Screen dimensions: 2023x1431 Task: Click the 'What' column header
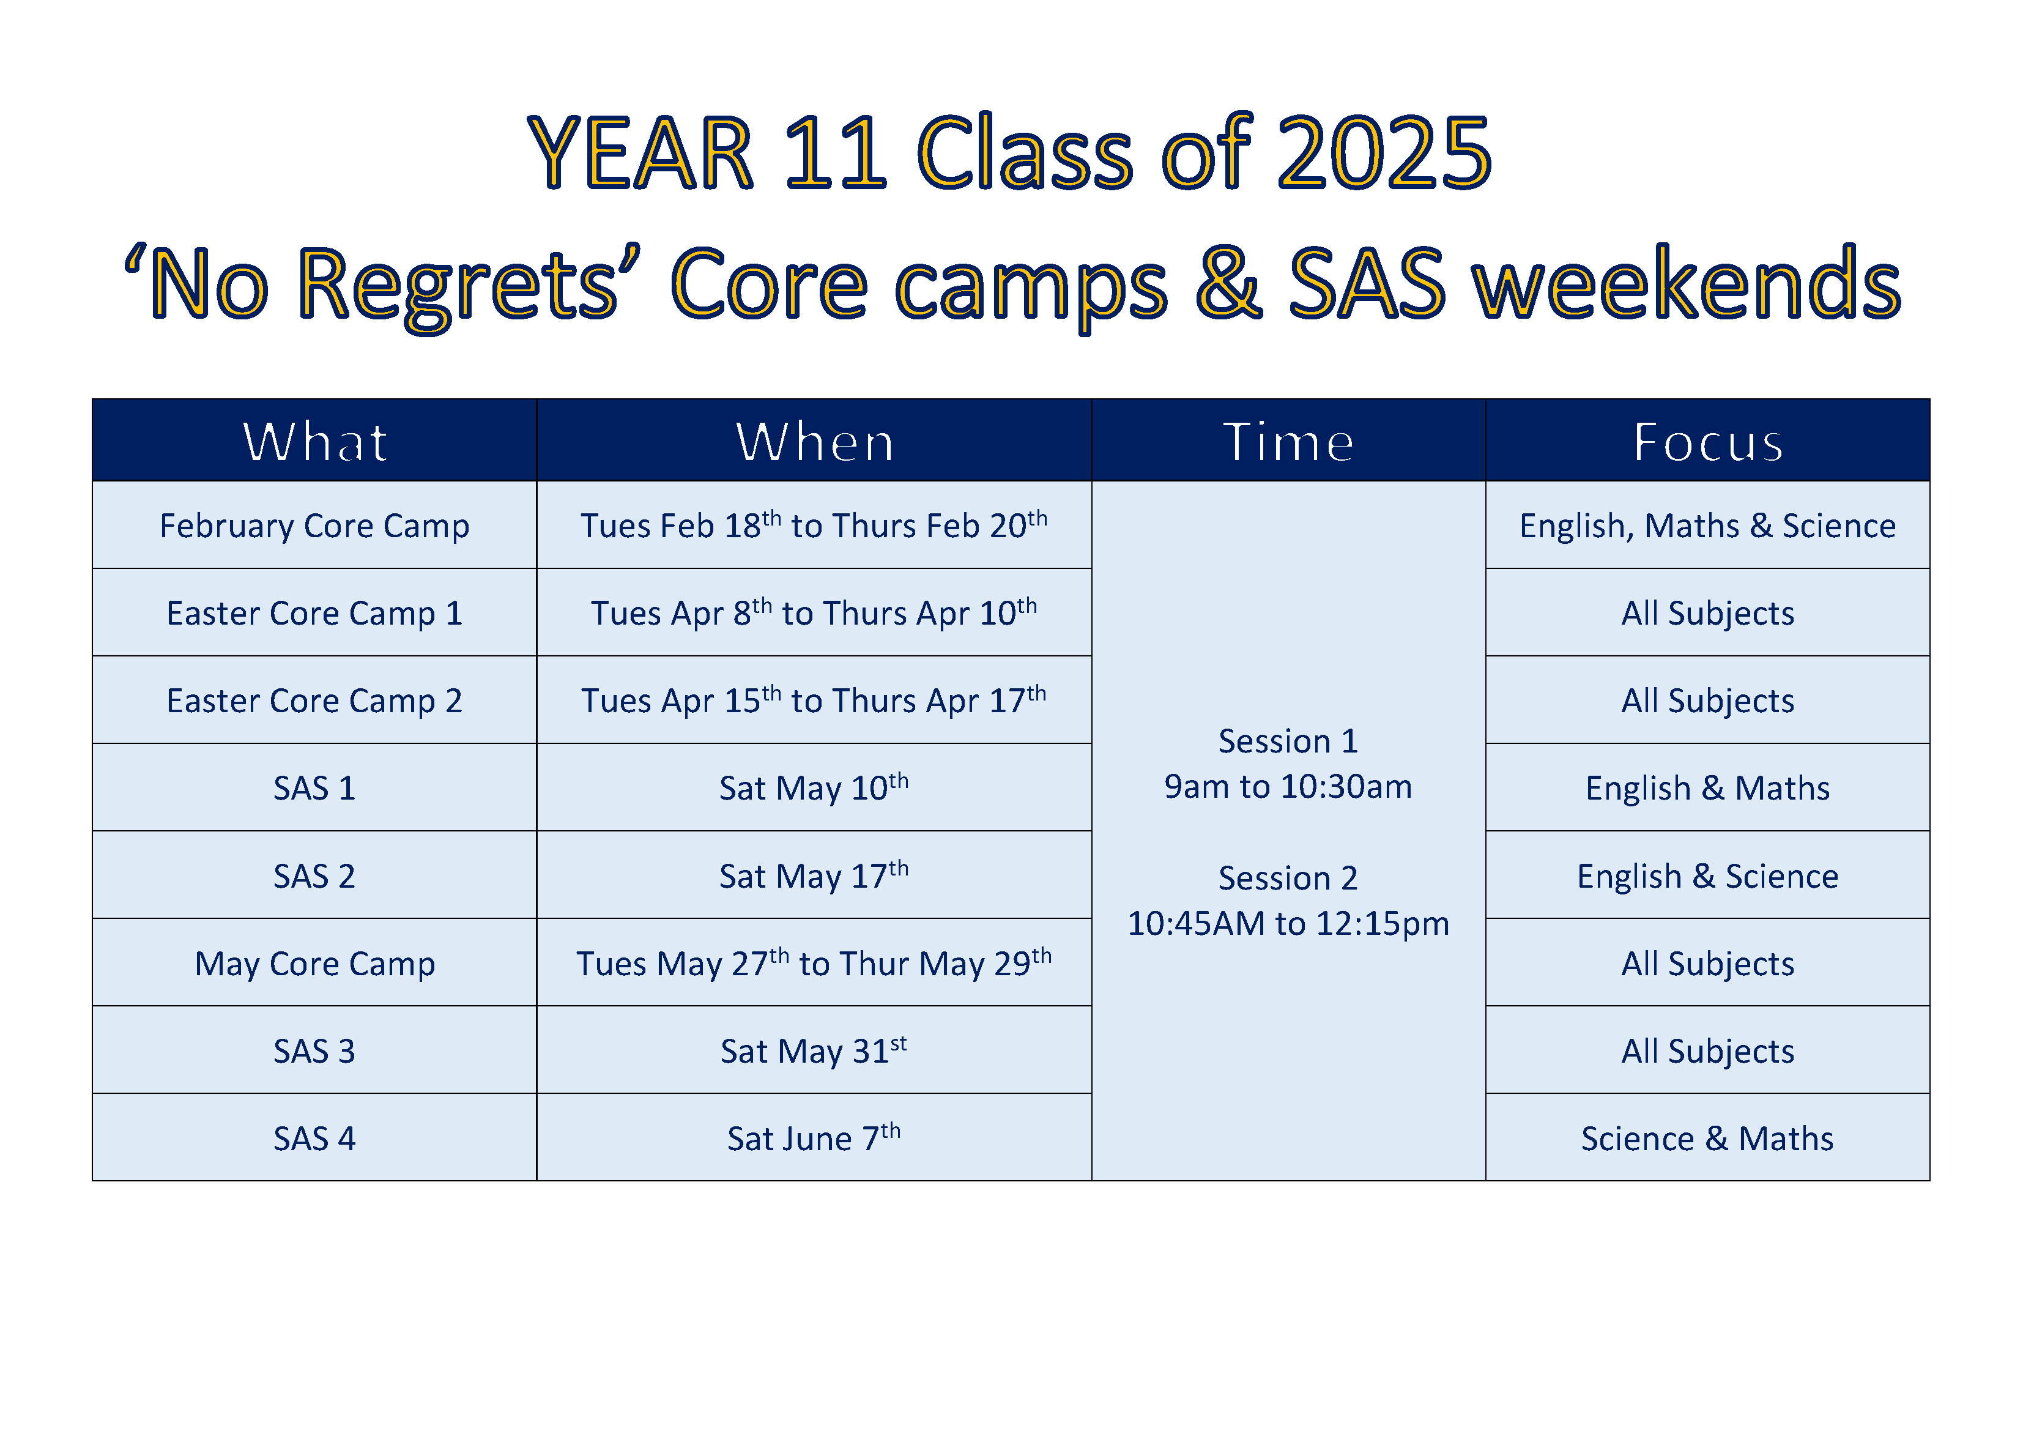[314, 442]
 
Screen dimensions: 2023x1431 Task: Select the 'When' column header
[814, 442]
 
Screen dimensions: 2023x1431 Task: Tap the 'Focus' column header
[1707, 442]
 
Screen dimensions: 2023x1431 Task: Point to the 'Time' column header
[1288, 442]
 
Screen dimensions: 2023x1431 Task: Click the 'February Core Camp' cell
[314, 526]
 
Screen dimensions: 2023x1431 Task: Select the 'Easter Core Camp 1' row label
[314, 613]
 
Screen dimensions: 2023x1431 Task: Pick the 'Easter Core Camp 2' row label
[314, 701]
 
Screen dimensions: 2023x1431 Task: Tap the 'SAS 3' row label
[314, 1051]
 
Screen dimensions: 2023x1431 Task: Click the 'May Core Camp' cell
[314, 964]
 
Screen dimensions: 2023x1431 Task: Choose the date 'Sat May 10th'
[814, 788]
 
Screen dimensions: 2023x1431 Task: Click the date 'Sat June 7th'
[814, 1139]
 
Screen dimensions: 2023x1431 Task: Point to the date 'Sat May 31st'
[814, 1051]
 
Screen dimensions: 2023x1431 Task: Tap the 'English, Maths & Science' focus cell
[1707, 526]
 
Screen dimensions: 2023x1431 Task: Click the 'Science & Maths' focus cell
[1707, 1139]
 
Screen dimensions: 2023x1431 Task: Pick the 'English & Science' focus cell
[1707, 877]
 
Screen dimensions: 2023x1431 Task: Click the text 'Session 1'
[1288, 741]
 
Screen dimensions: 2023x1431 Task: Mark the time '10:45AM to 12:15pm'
[1288, 923]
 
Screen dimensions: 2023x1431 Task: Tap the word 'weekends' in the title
[1688, 284]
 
